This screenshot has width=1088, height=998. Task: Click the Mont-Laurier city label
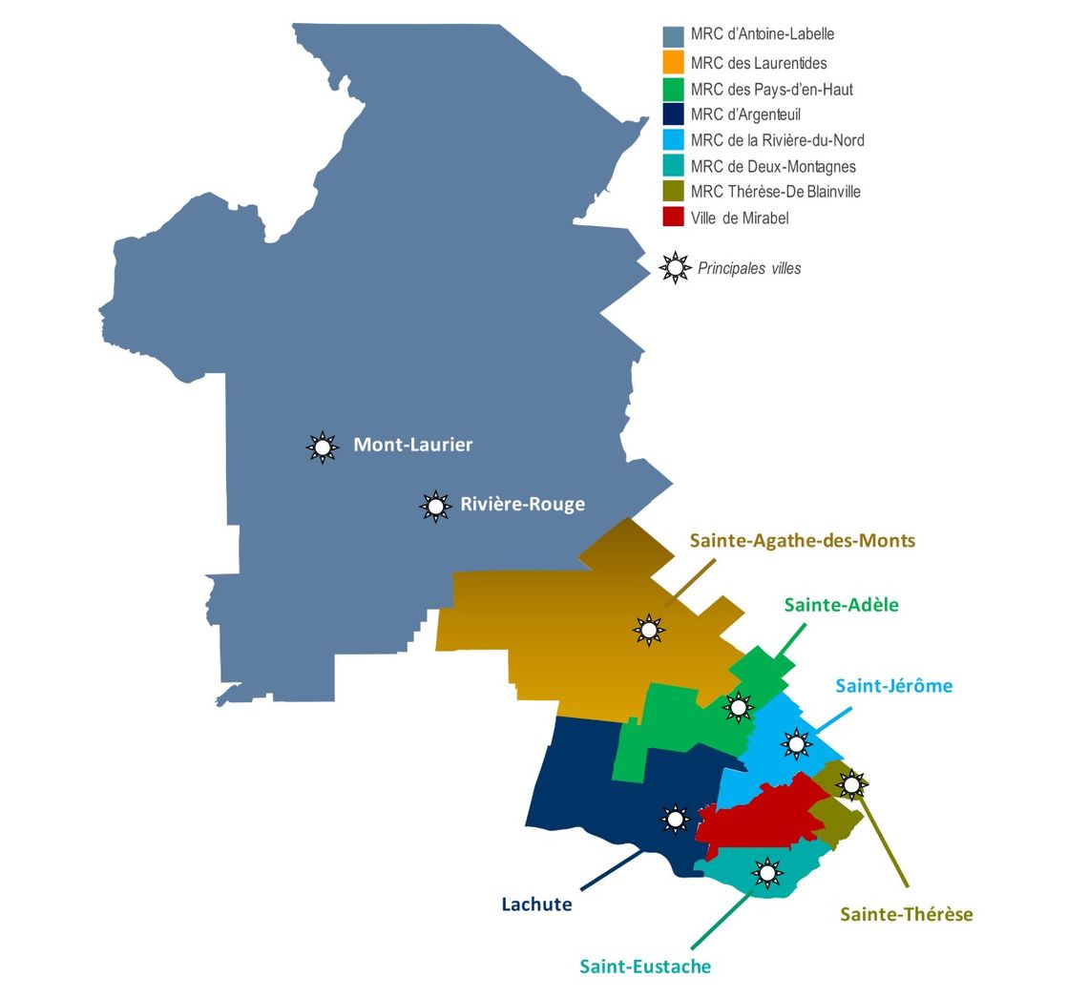click(x=412, y=445)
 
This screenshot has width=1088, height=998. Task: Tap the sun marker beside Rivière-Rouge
click(x=436, y=506)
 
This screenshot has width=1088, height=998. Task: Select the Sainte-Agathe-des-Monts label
click(x=802, y=541)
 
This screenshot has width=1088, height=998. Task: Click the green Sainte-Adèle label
click(x=841, y=605)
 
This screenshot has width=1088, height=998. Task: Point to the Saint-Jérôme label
click(x=893, y=686)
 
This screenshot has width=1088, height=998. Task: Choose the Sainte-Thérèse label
click(x=906, y=914)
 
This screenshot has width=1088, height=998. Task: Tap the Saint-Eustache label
click(x=645, y=967)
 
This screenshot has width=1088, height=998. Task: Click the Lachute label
click(x=536, y=904)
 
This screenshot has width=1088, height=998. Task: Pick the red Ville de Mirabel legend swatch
click(x=674, y=217)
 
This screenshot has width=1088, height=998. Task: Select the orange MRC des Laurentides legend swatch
click(x=674, y=63)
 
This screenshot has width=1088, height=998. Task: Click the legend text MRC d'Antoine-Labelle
click(x=763, y=34)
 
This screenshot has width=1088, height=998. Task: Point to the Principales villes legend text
click(x=749, y=269)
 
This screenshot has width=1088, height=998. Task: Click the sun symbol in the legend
click(x=676, y=268)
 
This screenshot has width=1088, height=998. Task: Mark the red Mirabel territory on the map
click(x=764, y=816)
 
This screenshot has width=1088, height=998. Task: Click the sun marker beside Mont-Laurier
click(x=323, y=447)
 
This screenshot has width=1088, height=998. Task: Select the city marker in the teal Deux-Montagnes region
click(x=766, y=872)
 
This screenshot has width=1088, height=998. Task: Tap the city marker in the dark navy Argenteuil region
click(x=675, y=818)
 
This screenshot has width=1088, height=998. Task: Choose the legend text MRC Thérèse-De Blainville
click(x=775, y=192)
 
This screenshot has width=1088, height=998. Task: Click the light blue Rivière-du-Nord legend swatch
click(x=674, y=140)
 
